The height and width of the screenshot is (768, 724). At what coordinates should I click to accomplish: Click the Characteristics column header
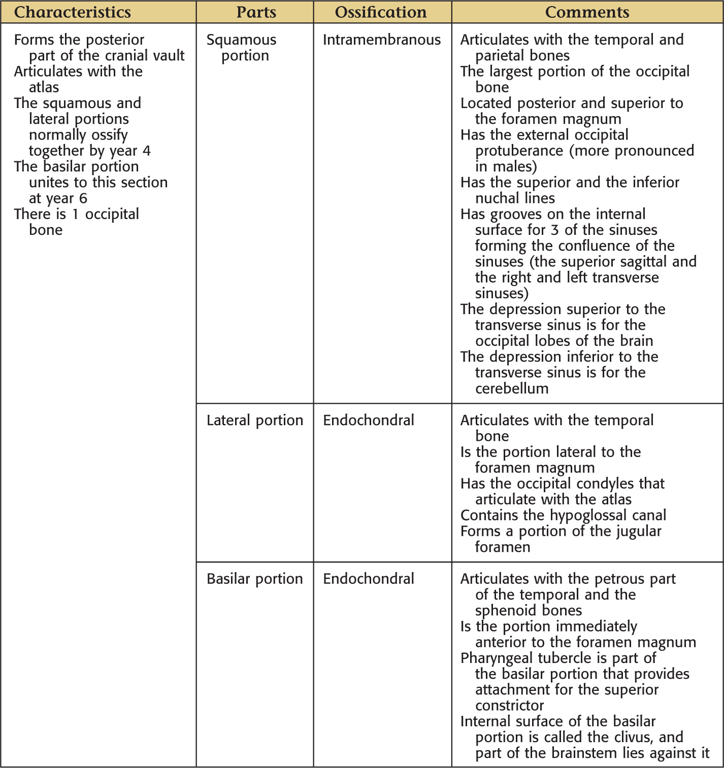click(72, 12)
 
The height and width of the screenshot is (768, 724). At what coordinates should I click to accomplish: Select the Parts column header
click(256, 12)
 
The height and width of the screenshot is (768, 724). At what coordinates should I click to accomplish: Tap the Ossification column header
click(381, 12)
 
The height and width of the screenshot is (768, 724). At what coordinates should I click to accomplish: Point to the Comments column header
click(587, 12)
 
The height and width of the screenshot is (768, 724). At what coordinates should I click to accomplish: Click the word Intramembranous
click(382, 40)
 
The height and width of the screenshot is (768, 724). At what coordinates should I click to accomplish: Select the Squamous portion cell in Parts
click(242, 47)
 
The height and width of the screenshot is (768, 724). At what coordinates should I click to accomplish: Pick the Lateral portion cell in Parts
click(254, 420)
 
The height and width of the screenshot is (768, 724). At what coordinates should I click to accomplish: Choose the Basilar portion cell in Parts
click(254, 578)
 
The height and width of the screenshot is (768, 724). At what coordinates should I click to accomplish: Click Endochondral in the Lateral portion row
click(369, 420)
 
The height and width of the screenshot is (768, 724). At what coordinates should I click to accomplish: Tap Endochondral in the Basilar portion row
click(369, 578)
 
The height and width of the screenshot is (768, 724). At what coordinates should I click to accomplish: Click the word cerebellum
click(512, 389)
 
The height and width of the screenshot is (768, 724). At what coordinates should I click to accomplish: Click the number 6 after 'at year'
click(83, 198)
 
